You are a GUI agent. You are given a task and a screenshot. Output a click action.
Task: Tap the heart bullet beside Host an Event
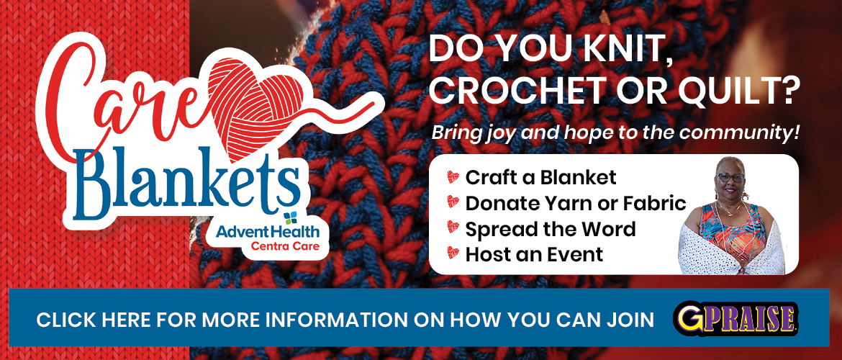pyautogui.click(x=453, y=253)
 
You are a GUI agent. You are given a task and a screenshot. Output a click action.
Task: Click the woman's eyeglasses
pyautogui.click(x=730, y=177)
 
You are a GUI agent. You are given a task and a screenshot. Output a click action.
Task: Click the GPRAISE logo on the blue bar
pyautogui.click(x=735, y=319)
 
